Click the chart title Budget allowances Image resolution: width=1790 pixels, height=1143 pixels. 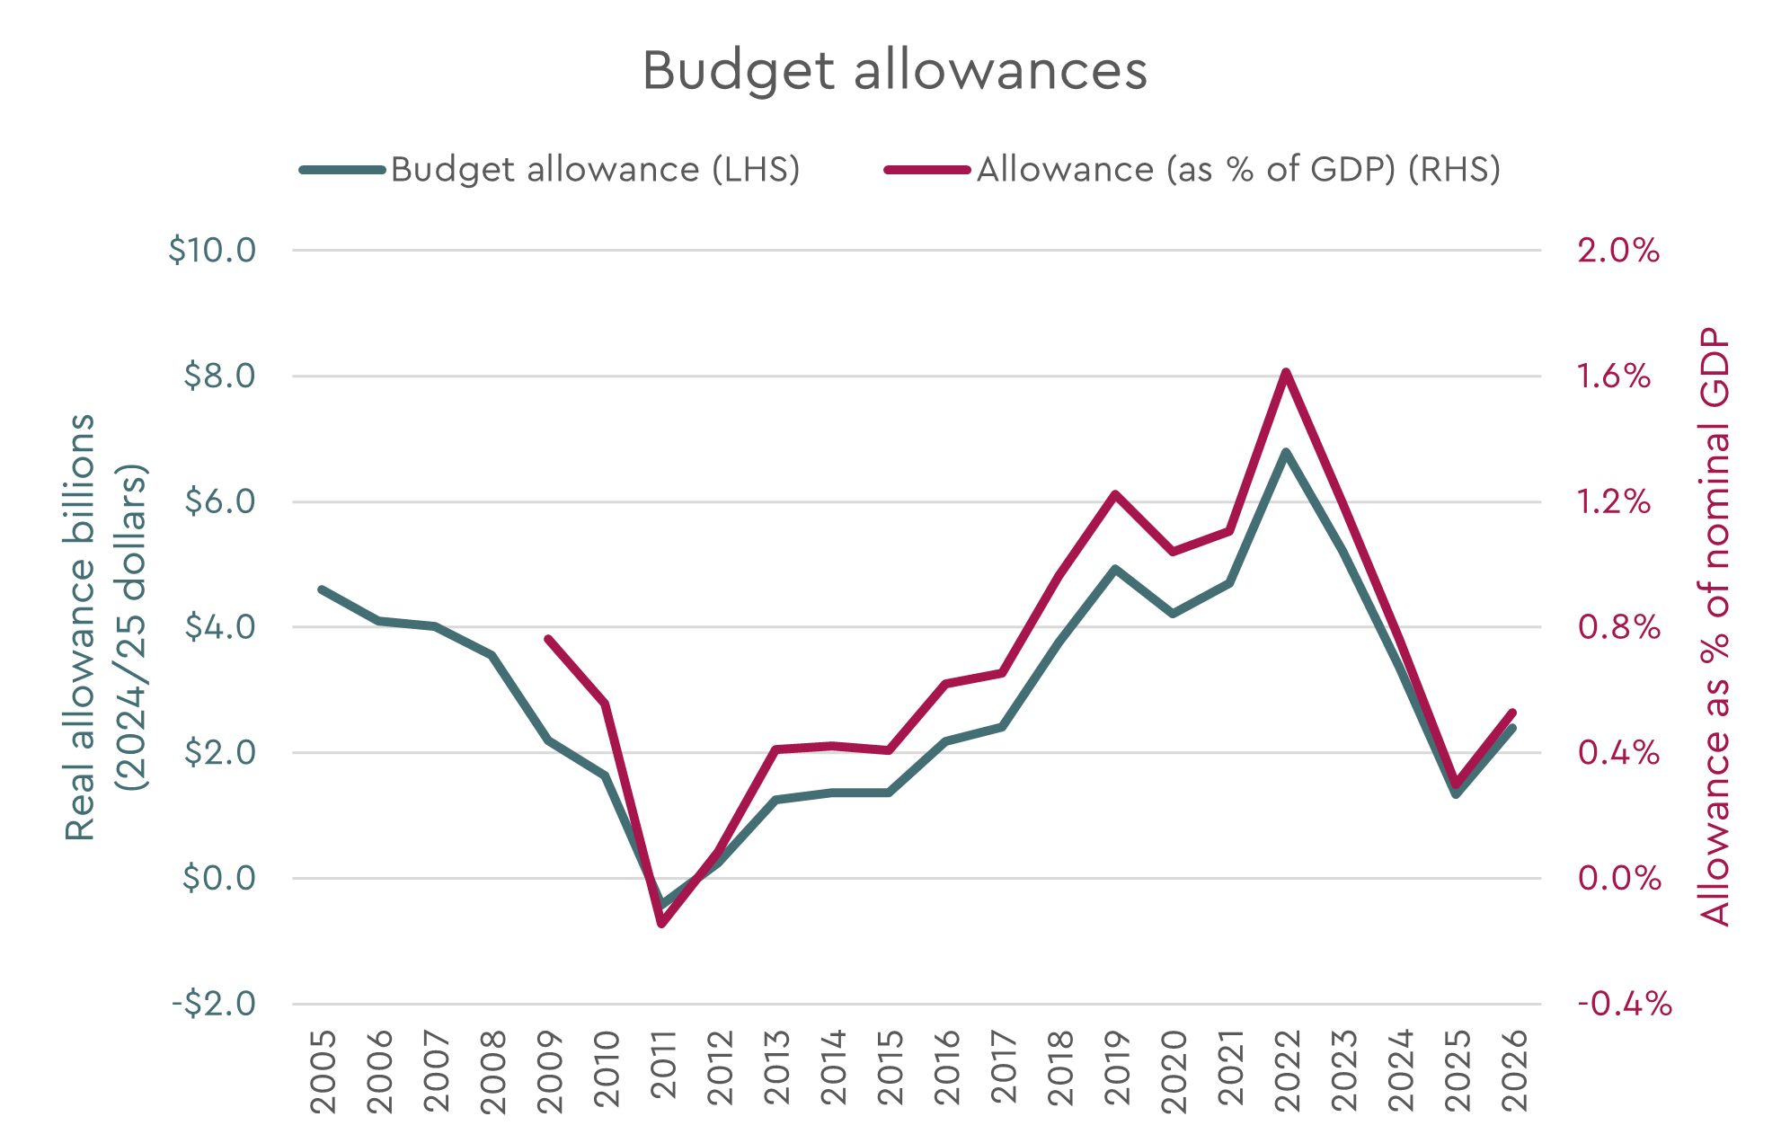click(894, 70)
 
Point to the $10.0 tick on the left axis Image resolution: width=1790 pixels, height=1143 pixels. click(212, 250)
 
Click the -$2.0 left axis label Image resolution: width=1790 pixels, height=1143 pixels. click(214, 1003)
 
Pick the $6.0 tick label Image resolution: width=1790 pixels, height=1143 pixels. click(220, 501)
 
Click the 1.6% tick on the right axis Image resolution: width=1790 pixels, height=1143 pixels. click(1614, 376)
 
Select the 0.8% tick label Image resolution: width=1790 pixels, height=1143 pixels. click(1618, 626)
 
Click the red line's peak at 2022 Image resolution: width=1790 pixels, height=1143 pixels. click(1286, 371)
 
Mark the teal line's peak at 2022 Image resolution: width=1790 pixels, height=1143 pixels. click(1286, 452)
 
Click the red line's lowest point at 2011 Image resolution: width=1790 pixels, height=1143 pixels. click(662, 923)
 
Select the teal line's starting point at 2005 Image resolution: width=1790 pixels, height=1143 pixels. click(323, 589)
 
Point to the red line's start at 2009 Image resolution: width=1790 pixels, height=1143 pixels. click(548, 639)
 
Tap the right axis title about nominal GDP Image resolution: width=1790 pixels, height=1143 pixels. click(1715, 626)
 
